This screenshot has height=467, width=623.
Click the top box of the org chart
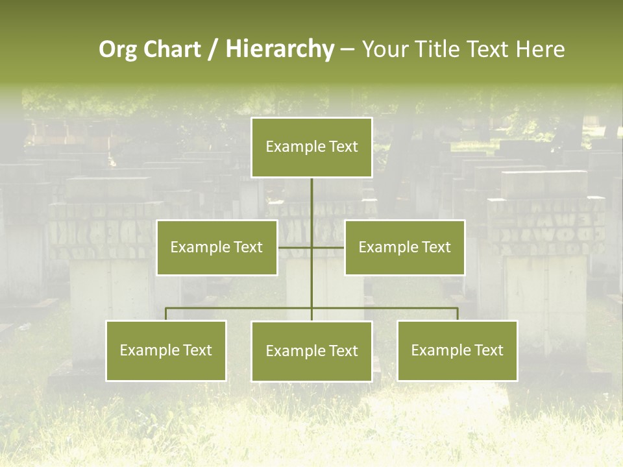coord(311,147)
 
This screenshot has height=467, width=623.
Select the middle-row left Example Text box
coord(217,247)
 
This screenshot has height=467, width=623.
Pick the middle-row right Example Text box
coord(404,247)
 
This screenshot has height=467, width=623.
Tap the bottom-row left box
coord(166,350)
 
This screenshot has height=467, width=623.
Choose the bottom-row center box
coord(311,351)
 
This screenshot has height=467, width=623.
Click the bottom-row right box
coord(457,350)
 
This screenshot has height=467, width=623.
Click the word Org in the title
coord(117,49)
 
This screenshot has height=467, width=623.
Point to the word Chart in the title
coord(172,49)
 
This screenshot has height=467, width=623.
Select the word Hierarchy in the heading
coord(280,49)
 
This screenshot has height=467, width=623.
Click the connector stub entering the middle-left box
coord(294,247)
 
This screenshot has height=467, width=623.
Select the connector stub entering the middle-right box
coord(328,247)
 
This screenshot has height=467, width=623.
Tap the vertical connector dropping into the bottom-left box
coord(166,314)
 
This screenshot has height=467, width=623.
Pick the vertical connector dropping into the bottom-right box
coord(458,314)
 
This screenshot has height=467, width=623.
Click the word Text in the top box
coord(342,147)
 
